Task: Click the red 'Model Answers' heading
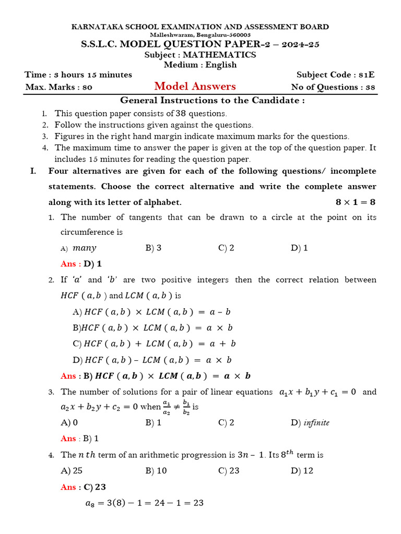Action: coord(195,87)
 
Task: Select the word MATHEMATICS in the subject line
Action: coord(219,55)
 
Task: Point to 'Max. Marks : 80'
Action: coord(58,87)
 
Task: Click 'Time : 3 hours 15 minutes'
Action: coord(78,75)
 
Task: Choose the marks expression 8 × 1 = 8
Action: coord(355,202)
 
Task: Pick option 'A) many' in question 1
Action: coord(79,248)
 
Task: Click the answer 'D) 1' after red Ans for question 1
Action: coord(92,264)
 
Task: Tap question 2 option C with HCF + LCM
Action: coord(155,344)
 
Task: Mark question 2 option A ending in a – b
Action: coord(151,312)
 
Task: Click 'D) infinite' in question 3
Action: coord(310,422)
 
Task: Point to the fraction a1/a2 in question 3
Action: coord(166,407)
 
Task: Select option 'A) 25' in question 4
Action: coord(72,470)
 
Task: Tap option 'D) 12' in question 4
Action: coord(302,470)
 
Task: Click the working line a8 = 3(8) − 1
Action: coord(144,503)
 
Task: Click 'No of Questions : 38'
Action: coord(333,87)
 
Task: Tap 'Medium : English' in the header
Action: coord(200,65)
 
